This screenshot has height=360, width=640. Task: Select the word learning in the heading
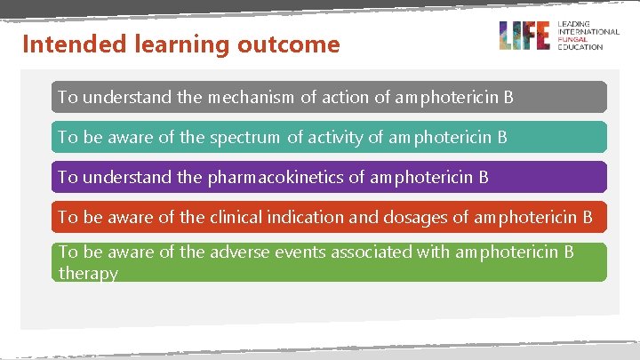tap(181, 44)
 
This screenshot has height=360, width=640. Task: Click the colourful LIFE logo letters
tap(524, 36)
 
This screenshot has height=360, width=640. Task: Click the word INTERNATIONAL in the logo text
tap(588, 32)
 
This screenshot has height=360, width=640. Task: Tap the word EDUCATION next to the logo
tap(580, 46)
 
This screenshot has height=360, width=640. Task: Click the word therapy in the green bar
tap(88, 273)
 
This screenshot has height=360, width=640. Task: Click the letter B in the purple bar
tap(484, 177)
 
